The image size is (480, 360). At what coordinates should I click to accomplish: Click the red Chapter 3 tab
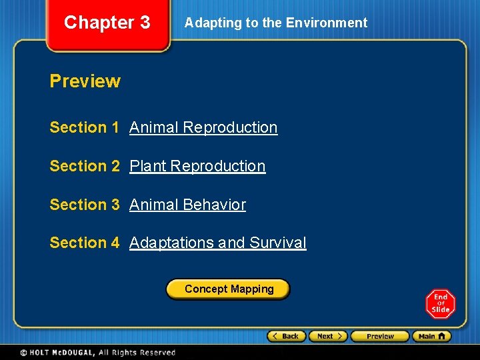click(107, 23)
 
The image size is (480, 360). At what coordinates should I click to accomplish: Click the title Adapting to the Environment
click(275, 23)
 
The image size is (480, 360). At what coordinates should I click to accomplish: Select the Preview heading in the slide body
click(85, 81)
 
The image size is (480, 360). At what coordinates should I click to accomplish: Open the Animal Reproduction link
click(203, 127)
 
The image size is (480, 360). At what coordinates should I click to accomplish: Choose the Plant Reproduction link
click(197, 166)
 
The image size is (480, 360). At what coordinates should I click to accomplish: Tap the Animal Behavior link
click(187, 205)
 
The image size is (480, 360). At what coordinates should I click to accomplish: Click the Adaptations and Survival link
click(217, 243)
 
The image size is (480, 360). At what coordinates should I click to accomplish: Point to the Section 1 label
click(84, 127)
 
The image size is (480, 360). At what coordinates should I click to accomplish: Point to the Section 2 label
click(84, 166)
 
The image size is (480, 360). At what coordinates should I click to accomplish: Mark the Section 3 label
click(84, 205)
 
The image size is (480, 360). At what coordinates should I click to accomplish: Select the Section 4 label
click(84, 243)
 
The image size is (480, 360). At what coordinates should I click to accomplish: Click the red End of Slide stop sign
click(440, 304)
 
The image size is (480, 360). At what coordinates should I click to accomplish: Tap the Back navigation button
click(287, 336)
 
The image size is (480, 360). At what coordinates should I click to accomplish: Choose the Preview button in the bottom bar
click(380, 336)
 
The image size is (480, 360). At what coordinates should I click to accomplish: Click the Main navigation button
click(431, 336)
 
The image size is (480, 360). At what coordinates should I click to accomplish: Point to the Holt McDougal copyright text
click(97, 352)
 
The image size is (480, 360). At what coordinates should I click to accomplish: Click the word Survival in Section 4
click(278, 243)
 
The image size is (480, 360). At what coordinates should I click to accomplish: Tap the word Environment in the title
click(326, 23)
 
